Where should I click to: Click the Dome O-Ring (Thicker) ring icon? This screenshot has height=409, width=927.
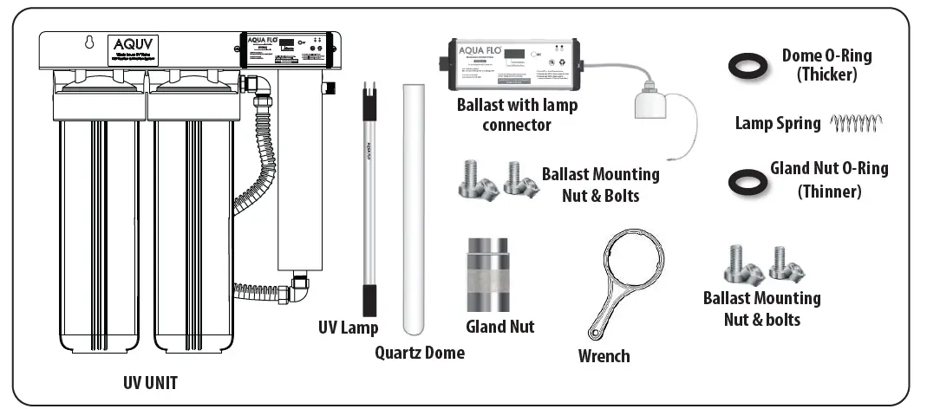coord(747,65)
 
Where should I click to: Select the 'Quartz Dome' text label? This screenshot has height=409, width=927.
coord(420,353)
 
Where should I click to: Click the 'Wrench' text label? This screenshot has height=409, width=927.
coord(604,356)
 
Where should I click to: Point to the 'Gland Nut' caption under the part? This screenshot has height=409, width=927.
coord(500,327)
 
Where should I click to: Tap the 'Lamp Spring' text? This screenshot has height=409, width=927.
coord(778,124)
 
